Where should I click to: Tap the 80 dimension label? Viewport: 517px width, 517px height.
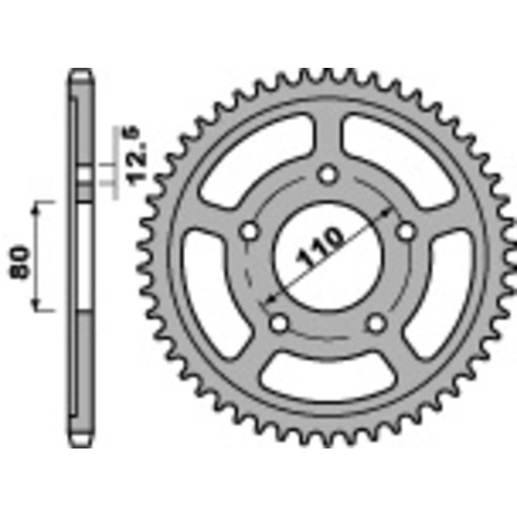[x=21, y=261]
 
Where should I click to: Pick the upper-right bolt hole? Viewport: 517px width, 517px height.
[x=406, y=230]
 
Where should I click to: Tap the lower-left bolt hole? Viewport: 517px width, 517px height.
[x=280, y=321]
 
